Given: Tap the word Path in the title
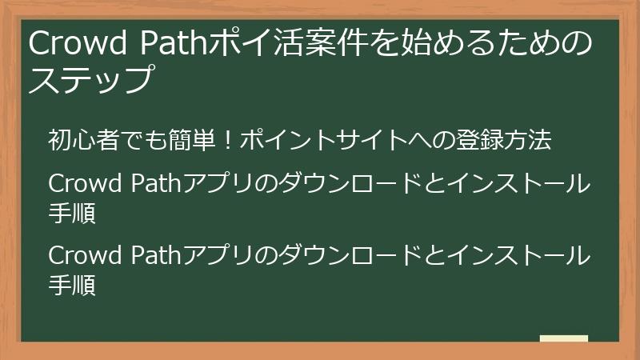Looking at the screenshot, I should pos(176,46).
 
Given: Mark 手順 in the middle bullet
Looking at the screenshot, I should pos(72,214).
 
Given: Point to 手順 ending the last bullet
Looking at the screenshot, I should pos(72,286).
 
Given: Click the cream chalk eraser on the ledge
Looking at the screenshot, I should pos(563,338).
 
